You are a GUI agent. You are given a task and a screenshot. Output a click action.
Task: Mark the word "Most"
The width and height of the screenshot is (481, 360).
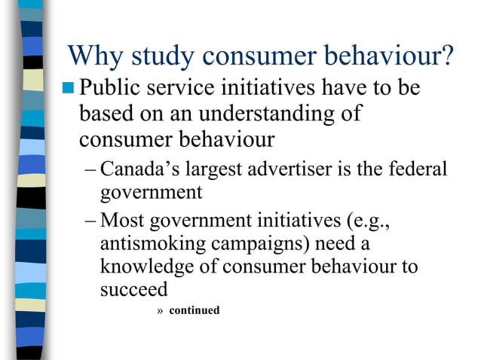tap(124, 221)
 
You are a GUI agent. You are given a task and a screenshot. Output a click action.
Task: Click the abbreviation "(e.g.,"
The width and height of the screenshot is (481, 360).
tap(370, 221)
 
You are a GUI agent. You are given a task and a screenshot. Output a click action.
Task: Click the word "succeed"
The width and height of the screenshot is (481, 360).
tap(133, 290)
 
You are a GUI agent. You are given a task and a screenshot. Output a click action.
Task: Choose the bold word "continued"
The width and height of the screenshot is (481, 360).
tap(195, 310)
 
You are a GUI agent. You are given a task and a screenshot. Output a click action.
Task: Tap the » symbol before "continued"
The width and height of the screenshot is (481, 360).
tap(159, 310)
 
